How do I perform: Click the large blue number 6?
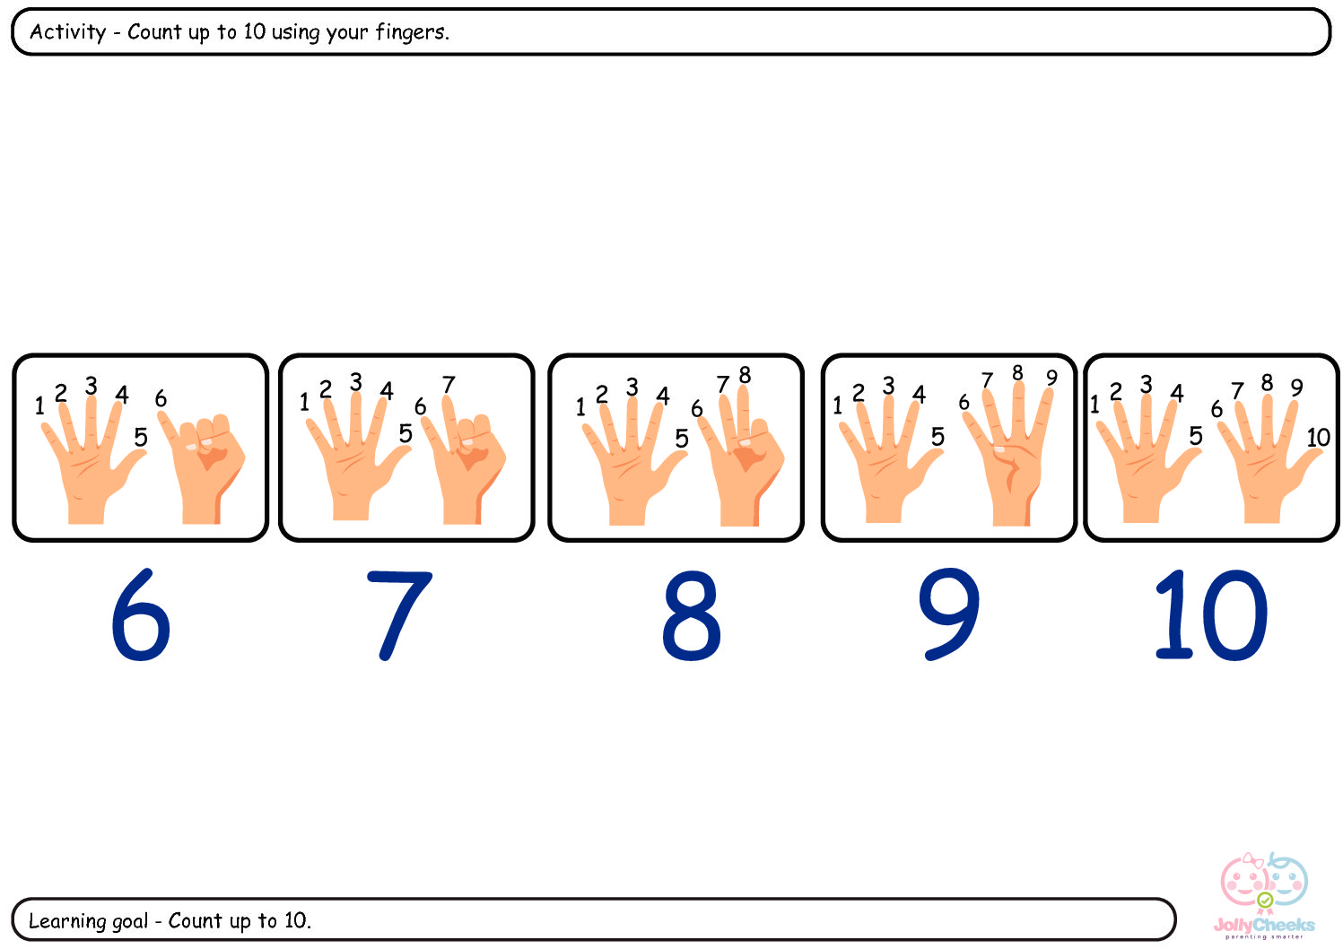point(141,614)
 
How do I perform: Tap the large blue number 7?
point(399,615)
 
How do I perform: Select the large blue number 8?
point(692,615)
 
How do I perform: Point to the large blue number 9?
point(949,614)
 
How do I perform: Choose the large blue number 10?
point(1211,615)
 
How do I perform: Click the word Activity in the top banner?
point(68,31)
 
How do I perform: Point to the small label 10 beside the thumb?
point(1319,438)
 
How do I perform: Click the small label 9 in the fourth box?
point(1051,378)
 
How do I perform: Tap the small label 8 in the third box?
point(745,375)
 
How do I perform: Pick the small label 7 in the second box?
point(449,384)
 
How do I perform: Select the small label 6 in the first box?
point(161,398)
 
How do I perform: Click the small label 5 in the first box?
point(141,437)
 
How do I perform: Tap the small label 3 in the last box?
point(1147,384)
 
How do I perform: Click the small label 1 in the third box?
point(580,407)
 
